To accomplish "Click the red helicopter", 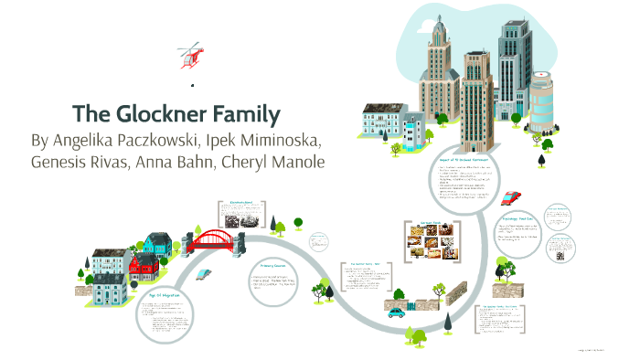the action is click(x=191, y=55).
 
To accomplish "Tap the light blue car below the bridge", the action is click(x=208, y=274).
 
